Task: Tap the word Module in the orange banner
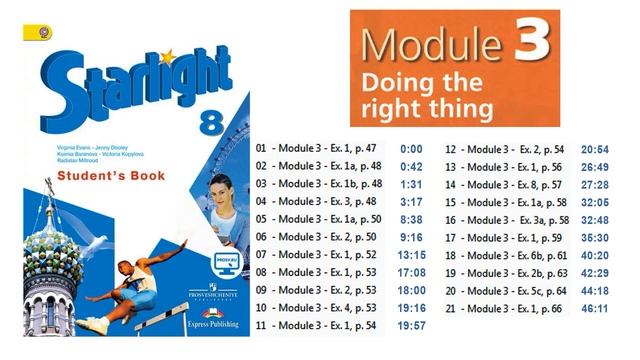click(431, 44)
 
